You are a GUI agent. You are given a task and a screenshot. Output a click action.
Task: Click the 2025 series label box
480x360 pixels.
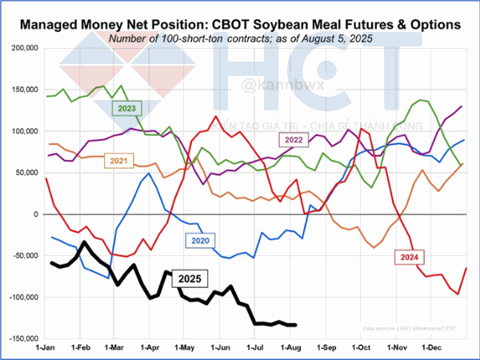[190, 278]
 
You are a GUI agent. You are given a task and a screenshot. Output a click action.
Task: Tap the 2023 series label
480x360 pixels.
[127, 107]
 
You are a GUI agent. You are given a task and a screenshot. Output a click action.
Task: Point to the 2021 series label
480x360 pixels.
[118, 161]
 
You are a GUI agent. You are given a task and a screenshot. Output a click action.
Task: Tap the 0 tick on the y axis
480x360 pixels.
[34, 214]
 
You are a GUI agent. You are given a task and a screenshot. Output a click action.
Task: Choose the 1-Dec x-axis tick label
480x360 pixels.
[431, 348]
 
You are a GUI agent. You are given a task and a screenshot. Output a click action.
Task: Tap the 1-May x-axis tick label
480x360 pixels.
[186, 348]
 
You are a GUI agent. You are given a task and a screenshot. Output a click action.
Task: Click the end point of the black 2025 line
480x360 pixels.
[295, 325]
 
